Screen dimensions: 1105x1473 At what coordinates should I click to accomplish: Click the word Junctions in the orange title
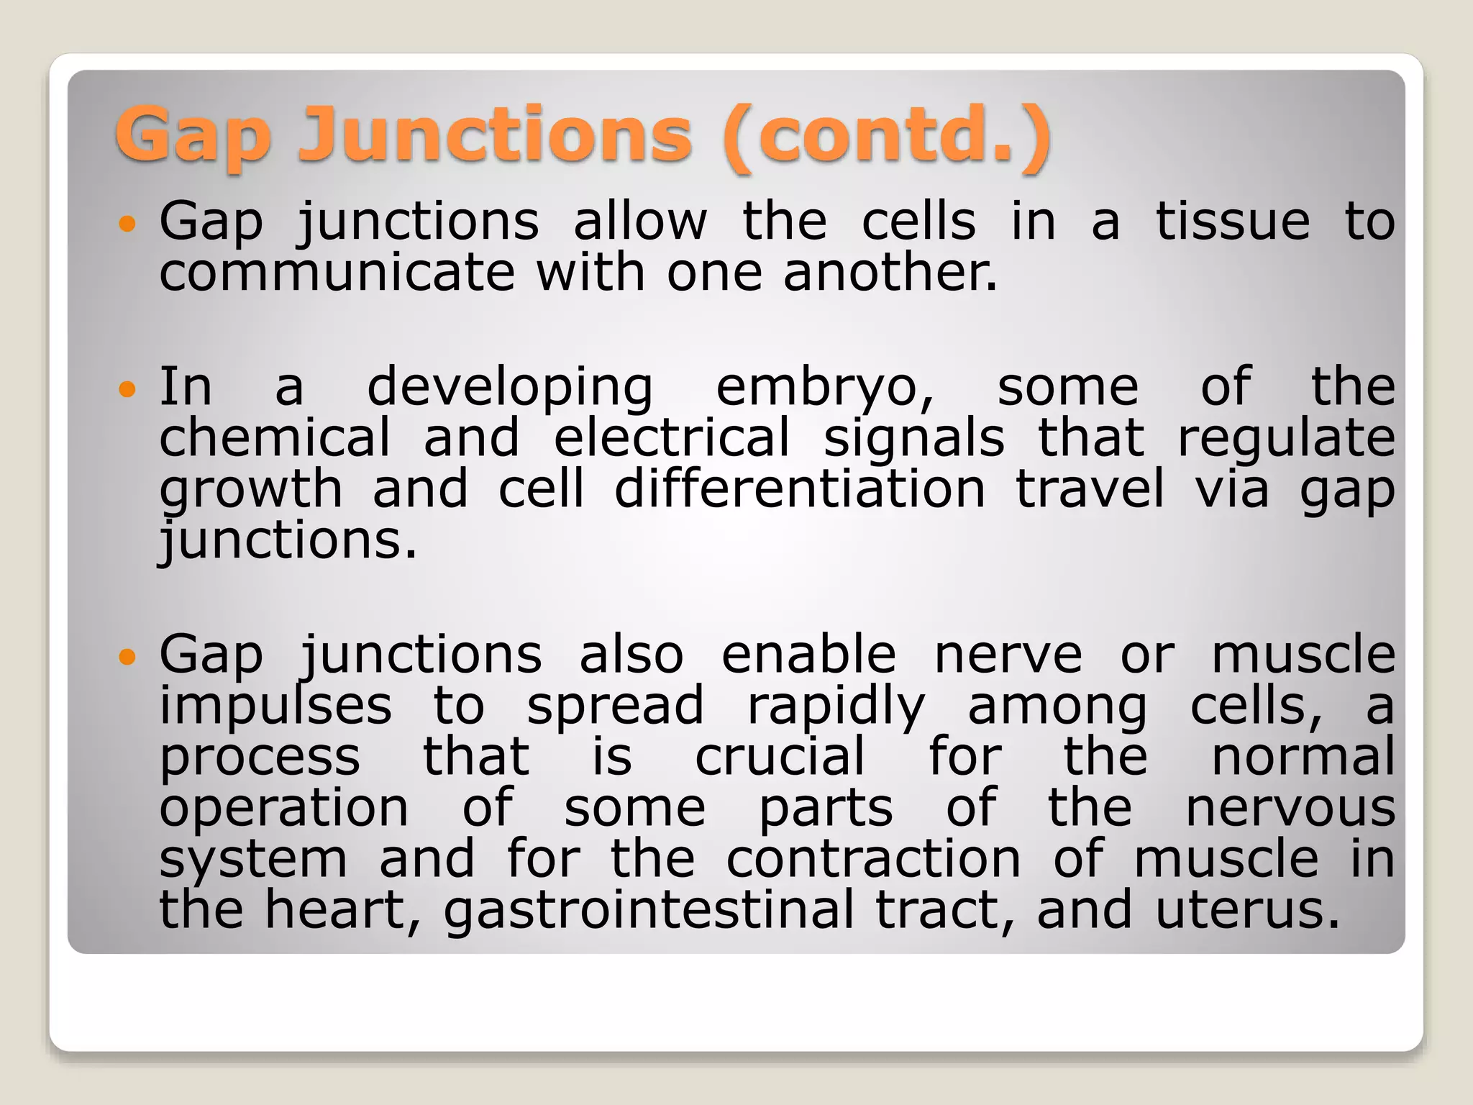pos(495,135)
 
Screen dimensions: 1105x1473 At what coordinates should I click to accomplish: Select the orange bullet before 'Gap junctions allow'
pos(127,224)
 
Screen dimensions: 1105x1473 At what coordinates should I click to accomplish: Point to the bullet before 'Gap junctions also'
pos(127,657)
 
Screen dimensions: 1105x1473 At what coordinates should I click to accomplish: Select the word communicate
pos(337,273)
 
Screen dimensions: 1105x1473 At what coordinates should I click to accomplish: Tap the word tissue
pos(1232,222)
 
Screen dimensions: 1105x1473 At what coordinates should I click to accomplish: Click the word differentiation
pos(799,489)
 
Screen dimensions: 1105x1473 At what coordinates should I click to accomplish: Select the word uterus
pos(1247,911)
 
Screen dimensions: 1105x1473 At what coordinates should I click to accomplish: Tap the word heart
pos(342,911)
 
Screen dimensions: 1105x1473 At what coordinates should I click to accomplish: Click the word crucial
pos(780,757)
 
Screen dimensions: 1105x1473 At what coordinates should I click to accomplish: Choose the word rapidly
pos(836,707)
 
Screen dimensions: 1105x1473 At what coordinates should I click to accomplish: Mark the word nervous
pos(1290,809)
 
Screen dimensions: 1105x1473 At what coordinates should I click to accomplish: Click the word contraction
pos(873,859)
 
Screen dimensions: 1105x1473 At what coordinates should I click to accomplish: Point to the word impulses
pos(275,707)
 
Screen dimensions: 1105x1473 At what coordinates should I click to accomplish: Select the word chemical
pos(274,438)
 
